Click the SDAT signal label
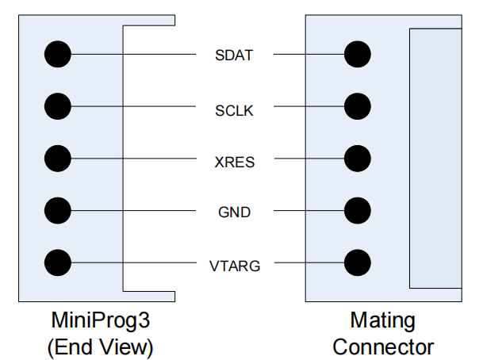(x=234, y=56)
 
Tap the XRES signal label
(x=234, y=163)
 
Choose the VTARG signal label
(x=234, y=266)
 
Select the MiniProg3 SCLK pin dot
(x=57, y=106)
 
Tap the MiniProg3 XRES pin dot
(x=57, y=158)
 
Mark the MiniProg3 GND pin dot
(x=57, y=210)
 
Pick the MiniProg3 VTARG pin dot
(x=57, y=262)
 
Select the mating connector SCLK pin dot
(x=358, y=106)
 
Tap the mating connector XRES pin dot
(x=358, y=158)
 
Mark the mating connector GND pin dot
(x=358, y=210)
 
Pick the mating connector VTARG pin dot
(x=358, y=262)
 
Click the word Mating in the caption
(x=382, y=322)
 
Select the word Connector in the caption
(x=383, y=347)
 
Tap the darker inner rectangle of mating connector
(x=435, y=159)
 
